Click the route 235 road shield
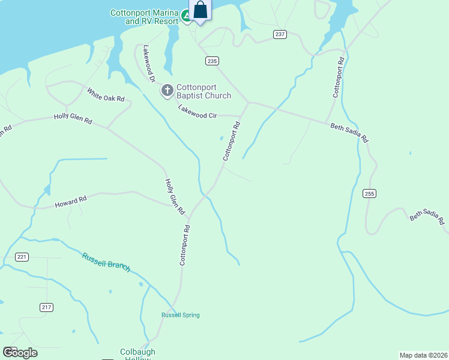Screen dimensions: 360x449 [x=211, y=61]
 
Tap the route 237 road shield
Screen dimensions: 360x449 [x=280, y=34]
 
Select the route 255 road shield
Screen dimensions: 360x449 [x=369, y=193]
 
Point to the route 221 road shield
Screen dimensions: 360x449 [x=22, y=257]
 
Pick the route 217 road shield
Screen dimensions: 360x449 [x=47, y=307]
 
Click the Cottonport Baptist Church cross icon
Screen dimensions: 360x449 [x=167, y=91]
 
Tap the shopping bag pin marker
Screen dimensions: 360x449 [x=200, y=10]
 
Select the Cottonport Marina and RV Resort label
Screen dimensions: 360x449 [x=145, y=17]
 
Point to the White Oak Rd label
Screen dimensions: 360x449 [x=106, y=95]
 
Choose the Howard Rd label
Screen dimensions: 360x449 [x=71, y=202]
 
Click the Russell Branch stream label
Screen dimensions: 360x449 [x=106, y=261]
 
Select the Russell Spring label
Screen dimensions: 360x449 [x=180, y=315]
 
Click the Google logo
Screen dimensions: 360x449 [x=20, y=353]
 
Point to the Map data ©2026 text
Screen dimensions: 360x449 [x=423, y=355]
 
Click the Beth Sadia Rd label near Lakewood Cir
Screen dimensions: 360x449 [x=349, y=133]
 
